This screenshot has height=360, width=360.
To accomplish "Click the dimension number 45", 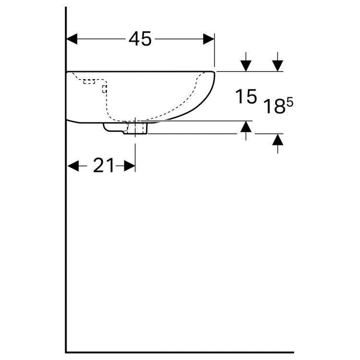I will [140, 39].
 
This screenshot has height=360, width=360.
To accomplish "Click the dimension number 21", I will [104, 166].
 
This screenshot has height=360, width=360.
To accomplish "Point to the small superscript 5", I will [290, 102].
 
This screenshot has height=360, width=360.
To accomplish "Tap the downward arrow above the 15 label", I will [246, 65].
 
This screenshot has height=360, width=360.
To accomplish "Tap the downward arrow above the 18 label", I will [277, 65].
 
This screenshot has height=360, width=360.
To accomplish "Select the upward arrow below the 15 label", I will [246, 127].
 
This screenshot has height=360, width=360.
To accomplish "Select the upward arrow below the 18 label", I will [277, 140].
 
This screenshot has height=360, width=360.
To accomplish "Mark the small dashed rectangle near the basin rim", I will [89, 82].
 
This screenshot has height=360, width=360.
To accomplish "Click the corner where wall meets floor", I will [66, 352].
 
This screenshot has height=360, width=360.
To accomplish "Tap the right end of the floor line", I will [293, 352].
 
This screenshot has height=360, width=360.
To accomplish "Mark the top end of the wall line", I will [66, 8].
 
